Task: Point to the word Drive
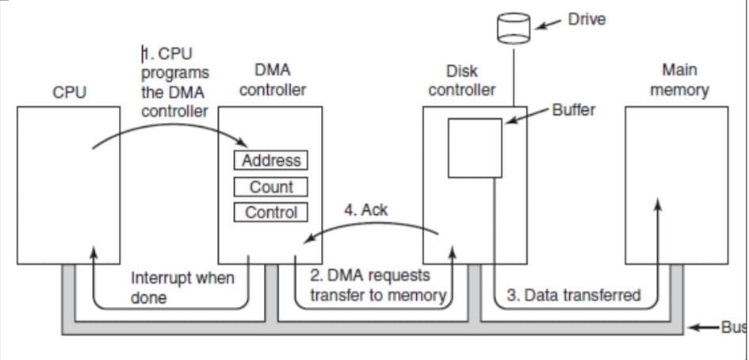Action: pos(587,20)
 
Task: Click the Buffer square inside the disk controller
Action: pos(475,147)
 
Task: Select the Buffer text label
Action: pos(573,110)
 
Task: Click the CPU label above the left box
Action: pos(70,91)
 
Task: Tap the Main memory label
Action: pos(678,80)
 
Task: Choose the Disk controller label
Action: pos(462,81)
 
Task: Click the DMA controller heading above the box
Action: pos(272,80)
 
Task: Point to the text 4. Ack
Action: pos(366,210)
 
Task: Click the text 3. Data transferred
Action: pos(573,296)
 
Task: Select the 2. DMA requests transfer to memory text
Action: pos(369,285)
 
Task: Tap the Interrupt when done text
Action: pos(182,288)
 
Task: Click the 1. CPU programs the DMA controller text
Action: pos(174,82)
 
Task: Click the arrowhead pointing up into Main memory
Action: pos(657,205)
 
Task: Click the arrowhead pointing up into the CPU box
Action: pos(94,253)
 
